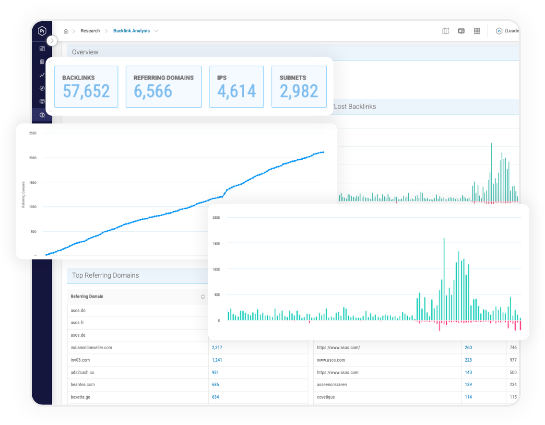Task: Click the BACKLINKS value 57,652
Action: coord(86,91)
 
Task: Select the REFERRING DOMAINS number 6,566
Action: coord(153,91)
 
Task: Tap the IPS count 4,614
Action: coord(237,91)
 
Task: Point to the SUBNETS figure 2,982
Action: coord(299,91)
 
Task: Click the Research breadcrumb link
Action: coord(90,31)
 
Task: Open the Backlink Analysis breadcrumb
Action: coord(131,31)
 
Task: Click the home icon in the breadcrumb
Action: coord(66,31)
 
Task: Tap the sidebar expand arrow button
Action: coord(52,41)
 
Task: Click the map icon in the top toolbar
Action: coord(446,31)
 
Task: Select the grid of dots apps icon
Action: coord(477,31)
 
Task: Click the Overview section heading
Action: coord(85,52)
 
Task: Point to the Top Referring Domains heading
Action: coord(106,275)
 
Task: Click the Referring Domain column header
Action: coord(87,296)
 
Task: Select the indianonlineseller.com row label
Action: coord(91,347)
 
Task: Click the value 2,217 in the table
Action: coord(217,347)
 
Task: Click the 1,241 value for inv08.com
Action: coord(217,360)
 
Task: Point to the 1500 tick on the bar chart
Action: coord(216,243)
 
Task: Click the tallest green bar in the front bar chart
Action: coord(444,278)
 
